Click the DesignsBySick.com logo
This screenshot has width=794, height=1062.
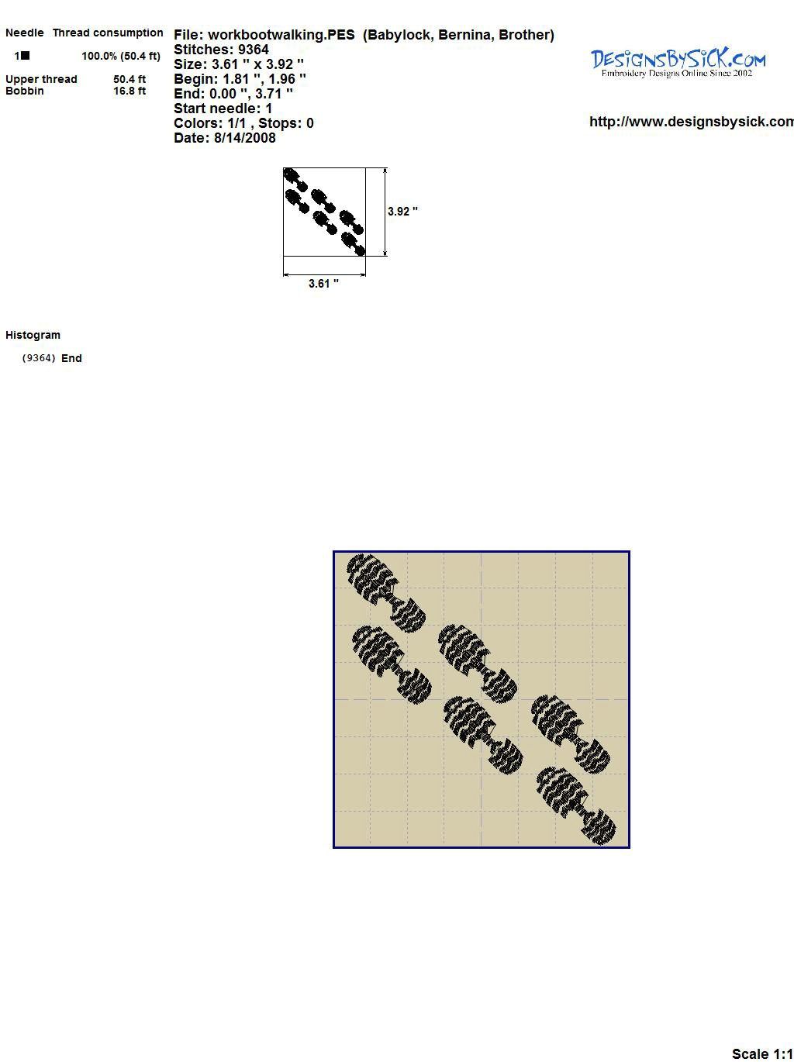click(x=678, y=63)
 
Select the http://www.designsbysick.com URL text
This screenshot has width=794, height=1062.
click(x=692, y=122)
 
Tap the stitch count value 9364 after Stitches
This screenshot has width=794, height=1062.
click(x=253, y=50)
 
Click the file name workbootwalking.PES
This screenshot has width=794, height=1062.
click(x=281, y=35)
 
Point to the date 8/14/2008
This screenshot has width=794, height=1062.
click(x=244, y=138)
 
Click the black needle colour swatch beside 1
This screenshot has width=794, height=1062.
click(x=25, y=56)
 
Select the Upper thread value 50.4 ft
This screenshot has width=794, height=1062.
click(x=129, y=79)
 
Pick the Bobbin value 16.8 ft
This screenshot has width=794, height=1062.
click(x=129, y=91)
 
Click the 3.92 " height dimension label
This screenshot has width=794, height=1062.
click(x=402, y=212)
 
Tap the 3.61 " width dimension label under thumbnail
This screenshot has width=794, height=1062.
click(x=323, y=284)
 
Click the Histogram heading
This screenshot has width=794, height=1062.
click(x=33, y=335)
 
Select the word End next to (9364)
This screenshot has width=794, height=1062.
click(x=71, y=358)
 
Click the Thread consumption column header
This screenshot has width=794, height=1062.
click(x=108, y=33)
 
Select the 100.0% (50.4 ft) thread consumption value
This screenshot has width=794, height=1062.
click(x=121, y=56)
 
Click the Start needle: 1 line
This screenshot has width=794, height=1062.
click(x=223, y=109)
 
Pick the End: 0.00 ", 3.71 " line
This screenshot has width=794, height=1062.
click(x=233, y=94)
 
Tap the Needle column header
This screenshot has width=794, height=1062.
click(x=24, y=33)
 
